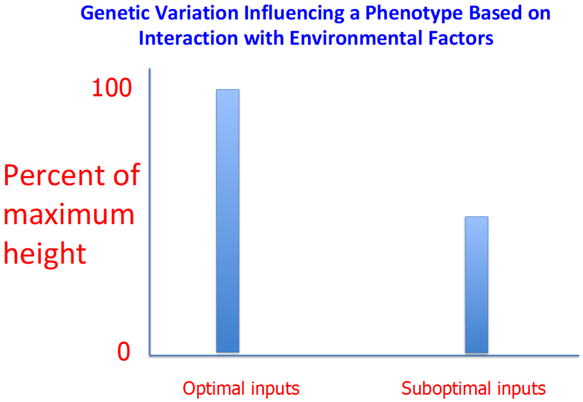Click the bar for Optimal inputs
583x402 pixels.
228,221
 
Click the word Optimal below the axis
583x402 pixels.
214,389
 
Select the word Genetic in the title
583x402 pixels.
115,13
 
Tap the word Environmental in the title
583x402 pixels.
355,38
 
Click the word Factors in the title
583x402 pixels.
460,38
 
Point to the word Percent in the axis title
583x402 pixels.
54,175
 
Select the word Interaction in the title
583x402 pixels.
188,38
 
